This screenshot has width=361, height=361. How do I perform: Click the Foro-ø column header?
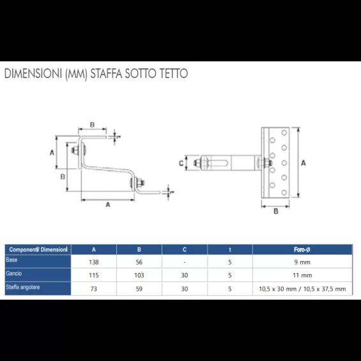tap(302, 249)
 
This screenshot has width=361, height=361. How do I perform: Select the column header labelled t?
tap(229, 249)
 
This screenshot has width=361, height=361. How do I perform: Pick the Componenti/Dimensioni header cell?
tap(37, 249)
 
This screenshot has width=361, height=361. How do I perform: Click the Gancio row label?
tap(13, 273)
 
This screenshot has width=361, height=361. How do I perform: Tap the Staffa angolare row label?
tap(22, 288)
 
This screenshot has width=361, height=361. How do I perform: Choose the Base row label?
tap(12, 260)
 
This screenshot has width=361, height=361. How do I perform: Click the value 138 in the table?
tap(94, 262)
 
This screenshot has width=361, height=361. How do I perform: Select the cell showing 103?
tap(139, 275)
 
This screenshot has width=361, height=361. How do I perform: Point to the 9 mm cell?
tap(302, 262)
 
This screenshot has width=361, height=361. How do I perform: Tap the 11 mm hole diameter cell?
tap(302, 275)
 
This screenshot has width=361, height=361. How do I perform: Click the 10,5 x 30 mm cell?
tap(302, 289)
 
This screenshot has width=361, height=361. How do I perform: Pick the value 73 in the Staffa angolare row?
tap(94, 289)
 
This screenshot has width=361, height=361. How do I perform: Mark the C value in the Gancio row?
tap(185, 275)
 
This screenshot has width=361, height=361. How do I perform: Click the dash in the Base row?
tap(185, 262)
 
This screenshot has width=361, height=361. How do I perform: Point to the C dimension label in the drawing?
tap(181, 164)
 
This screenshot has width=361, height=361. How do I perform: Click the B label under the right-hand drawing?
tap(275, 211)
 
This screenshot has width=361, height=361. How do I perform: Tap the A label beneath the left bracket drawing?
tap(108, 205)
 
